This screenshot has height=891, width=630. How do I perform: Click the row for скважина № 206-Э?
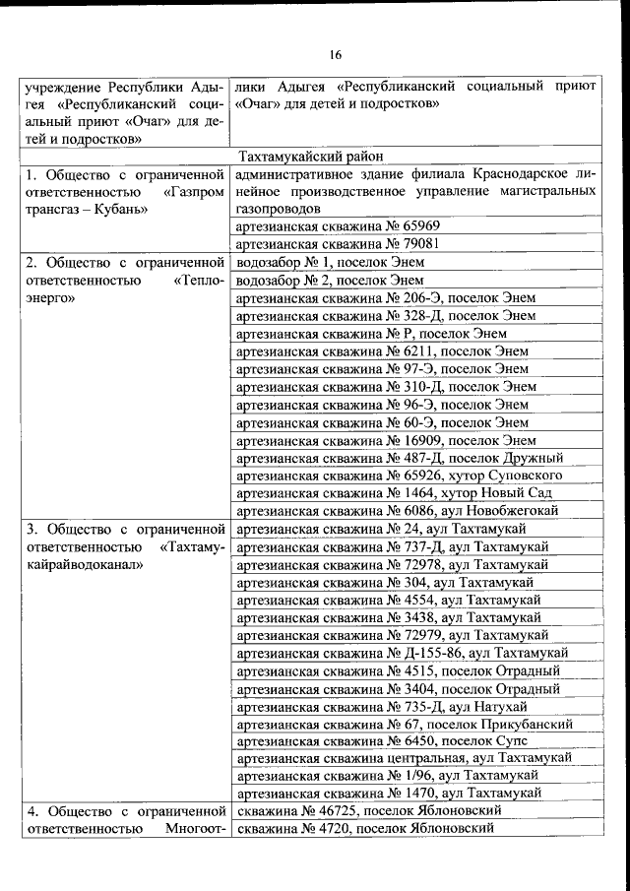[x=387, y=298]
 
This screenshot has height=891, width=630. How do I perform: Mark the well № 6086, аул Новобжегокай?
[x=398, y=510]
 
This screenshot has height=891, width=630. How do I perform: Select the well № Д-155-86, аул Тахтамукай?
[x=403, y=653]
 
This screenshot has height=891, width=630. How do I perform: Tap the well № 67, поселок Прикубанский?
[x=406, y=724]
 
